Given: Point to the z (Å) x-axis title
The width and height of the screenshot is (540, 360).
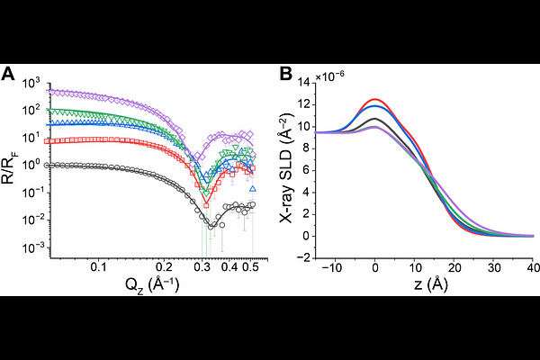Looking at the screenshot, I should pos(421,284).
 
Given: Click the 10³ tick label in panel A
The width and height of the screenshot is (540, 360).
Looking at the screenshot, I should pos(36,84).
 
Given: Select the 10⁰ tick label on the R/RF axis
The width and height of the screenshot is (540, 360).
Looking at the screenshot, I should pos(37,166).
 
